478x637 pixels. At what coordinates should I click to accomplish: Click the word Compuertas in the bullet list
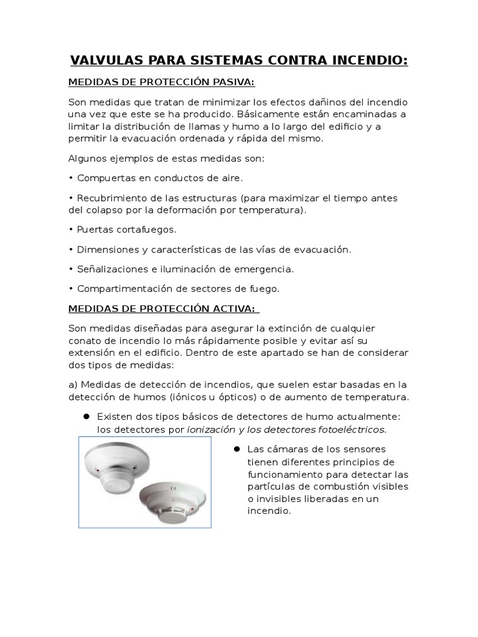(x=104, y=178)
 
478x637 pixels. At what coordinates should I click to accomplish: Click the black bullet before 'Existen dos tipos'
(x=86, y=416)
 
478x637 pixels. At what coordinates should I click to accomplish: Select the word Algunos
(x=88, y=158)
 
